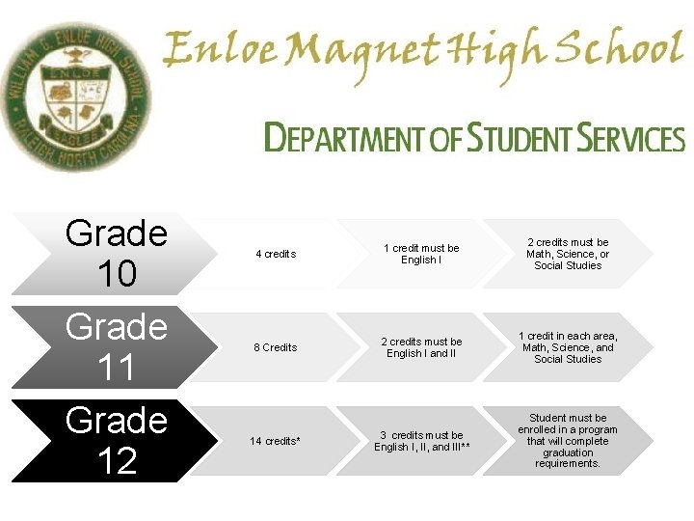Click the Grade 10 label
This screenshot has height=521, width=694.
click(117, 254)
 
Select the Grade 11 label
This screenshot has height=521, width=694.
click(117, 346)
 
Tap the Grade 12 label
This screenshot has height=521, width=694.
click(117, 440)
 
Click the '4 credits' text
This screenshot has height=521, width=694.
click(276, 254)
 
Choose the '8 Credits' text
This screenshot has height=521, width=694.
click(276, 347)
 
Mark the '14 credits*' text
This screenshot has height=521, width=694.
click(276, 441)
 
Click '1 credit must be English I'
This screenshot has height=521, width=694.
click(421, 254)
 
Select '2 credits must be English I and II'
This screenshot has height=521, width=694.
click(421, 347)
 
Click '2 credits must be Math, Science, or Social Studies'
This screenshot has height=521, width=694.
click(567, 254)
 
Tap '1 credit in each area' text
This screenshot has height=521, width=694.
click(567, 347)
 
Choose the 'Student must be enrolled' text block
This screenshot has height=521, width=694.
click(567, 441)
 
